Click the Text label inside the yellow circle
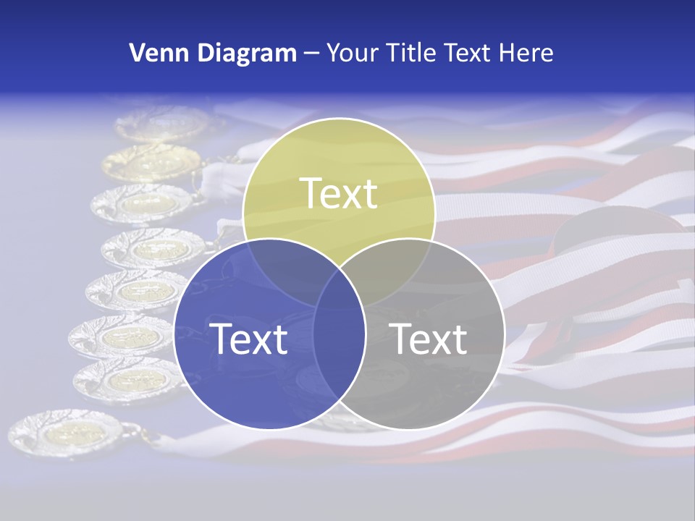coord(339,193)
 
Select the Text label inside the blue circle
coord(248,339)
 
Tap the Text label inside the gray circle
coord(429,339)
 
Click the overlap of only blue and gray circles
coord(340,362)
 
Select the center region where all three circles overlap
coord(340,289)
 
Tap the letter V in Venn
coord(136,53)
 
